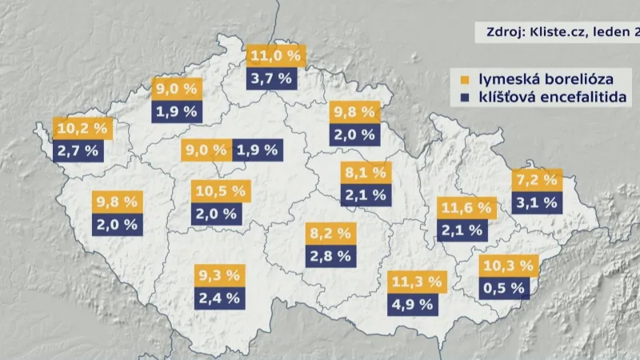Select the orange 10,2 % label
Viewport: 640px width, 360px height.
83,127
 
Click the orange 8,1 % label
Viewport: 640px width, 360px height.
365,171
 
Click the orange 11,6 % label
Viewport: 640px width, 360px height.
465,208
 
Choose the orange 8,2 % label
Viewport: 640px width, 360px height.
330,234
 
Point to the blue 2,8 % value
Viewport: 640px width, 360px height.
330,256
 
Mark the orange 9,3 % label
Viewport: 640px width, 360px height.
218,276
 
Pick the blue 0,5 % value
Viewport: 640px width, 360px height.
506,287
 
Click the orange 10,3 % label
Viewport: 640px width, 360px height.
506,266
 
